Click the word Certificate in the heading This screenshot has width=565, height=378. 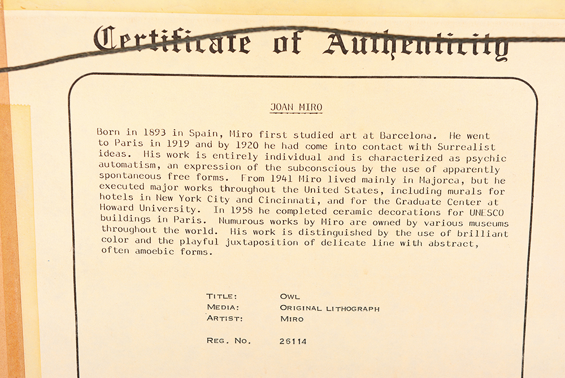coord(172,41)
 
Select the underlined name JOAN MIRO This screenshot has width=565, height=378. coord(295,107)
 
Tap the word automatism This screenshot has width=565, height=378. coord(126,167)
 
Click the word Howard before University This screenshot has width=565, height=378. coord(117,208)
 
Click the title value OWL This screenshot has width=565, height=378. coord(290,296)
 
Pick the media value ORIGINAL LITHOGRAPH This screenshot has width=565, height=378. coord(329,308)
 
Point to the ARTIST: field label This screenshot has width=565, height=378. coord(225,319)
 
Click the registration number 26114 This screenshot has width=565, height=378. coord(293,341)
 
